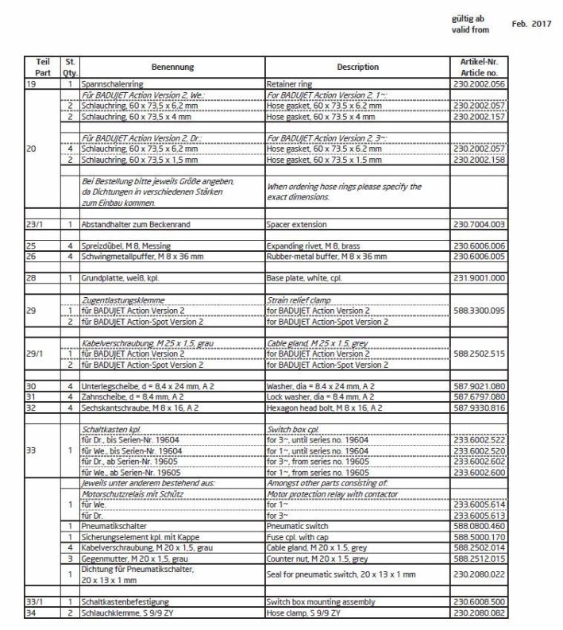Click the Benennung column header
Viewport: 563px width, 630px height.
[172, 68]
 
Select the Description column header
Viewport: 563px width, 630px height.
[357, 68]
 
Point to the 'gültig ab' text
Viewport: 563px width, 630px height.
[467, 19]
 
